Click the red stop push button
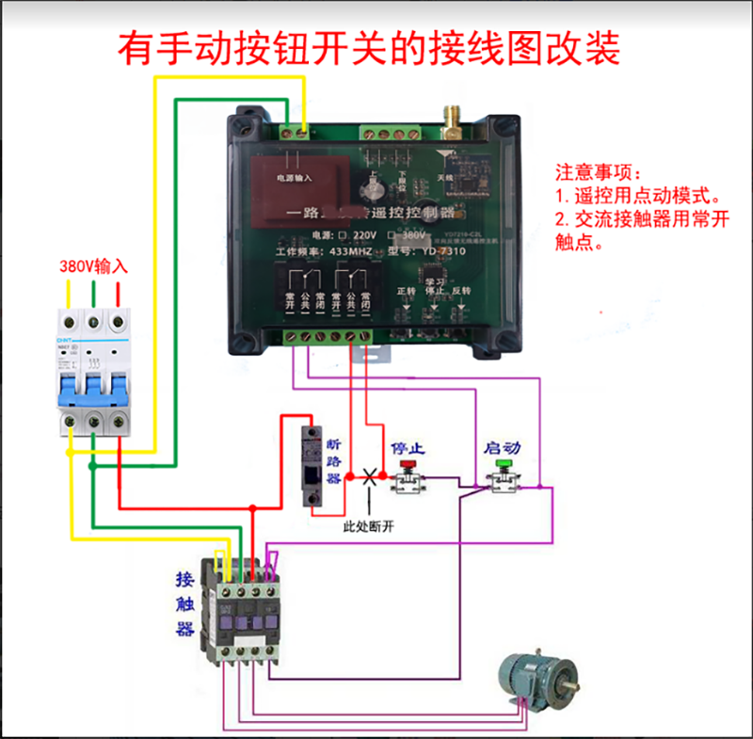(x=408, y=465)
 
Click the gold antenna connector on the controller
(x=450, y=119)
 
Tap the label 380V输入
(x=93, y=266)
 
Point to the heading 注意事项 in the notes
(x=596, y=174)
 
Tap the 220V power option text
(x=362, y=233)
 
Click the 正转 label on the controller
(x=406, y=291)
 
